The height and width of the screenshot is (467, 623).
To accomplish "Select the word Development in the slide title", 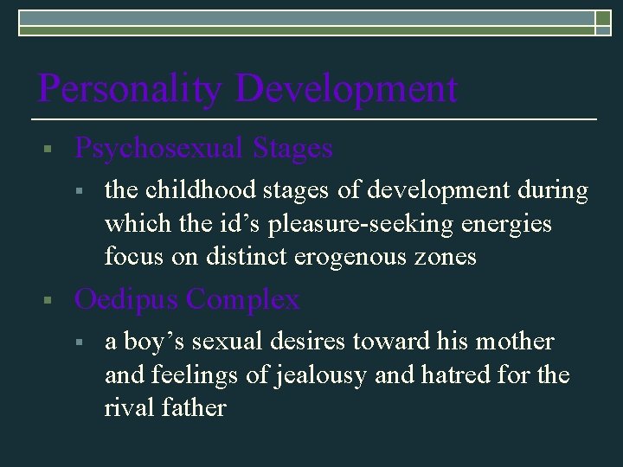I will click(345, 89).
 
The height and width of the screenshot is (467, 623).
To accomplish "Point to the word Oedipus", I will click(126, 300).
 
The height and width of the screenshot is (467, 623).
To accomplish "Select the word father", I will click(196, 408).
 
